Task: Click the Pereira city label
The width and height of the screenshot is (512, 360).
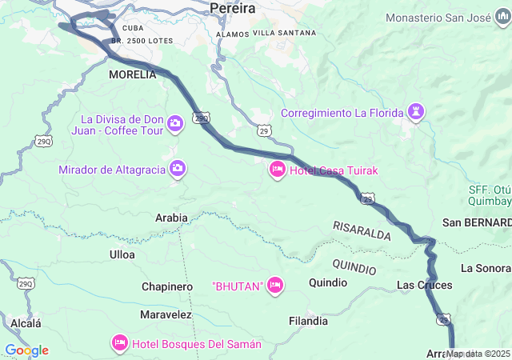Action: point(232,8)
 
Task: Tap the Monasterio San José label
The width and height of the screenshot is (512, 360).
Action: point(447,17)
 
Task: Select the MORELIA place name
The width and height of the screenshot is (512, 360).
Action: point(132,74)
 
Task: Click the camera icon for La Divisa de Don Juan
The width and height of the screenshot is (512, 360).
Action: point(175,123)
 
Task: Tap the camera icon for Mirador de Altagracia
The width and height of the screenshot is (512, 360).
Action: point(178,169)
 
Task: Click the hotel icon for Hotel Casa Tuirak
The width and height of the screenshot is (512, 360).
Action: point(278,170)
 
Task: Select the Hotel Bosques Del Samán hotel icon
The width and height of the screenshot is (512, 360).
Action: point(120,343)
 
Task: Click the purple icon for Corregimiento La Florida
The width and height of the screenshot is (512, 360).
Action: point(415,112)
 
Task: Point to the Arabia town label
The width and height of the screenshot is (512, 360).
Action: point(171,218)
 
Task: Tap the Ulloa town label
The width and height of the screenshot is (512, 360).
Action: point(122,254)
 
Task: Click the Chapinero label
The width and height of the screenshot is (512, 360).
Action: point(167,286)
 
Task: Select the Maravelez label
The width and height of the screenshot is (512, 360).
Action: point(166,314)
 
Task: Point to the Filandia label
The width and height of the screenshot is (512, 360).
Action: point(308,321)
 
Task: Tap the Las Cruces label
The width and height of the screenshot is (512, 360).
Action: point(424,285)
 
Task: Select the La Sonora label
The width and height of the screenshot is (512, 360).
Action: point(486,267)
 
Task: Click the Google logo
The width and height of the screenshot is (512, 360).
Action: point(26,350)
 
